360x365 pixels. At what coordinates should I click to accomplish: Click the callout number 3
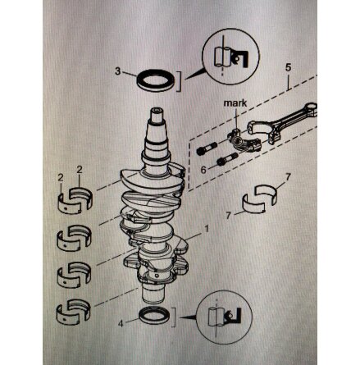(117, 71)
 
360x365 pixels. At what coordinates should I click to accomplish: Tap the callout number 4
(121, 324)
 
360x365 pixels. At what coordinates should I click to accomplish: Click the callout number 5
(289, 67)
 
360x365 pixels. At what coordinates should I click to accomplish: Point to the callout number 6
(203, 170)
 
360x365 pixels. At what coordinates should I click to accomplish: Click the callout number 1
(207, 229)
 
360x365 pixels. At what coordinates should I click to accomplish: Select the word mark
(235, 103)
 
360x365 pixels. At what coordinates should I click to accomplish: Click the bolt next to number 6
(227, 159)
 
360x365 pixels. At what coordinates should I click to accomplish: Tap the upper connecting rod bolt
(207, 148)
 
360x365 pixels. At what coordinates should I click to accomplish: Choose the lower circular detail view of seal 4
(224, 317)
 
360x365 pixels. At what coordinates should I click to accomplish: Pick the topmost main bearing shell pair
(75, 199)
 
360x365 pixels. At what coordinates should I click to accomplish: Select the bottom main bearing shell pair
(73, 312)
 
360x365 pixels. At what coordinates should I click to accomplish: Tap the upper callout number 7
(287, 177)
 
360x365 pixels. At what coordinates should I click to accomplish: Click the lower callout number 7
(229, 216)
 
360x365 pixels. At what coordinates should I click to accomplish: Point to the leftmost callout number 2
(61, 178)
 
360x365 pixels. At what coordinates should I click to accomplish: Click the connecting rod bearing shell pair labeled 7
(260, 198)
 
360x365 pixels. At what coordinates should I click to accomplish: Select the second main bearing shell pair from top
(74, 238)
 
